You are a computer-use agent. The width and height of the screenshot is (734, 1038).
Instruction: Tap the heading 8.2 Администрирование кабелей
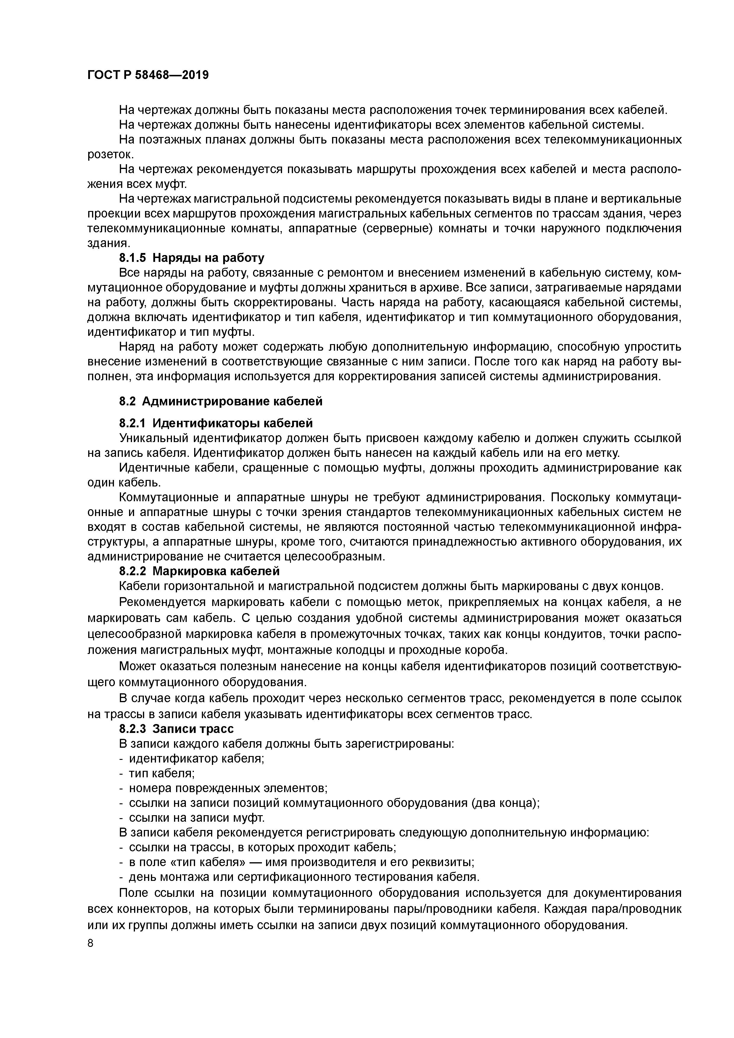coord(221,401)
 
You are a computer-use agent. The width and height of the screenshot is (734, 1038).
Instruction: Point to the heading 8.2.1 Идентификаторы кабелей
coord(216,423)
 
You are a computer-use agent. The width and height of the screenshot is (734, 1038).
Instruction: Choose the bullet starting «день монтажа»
coord(303,877)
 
